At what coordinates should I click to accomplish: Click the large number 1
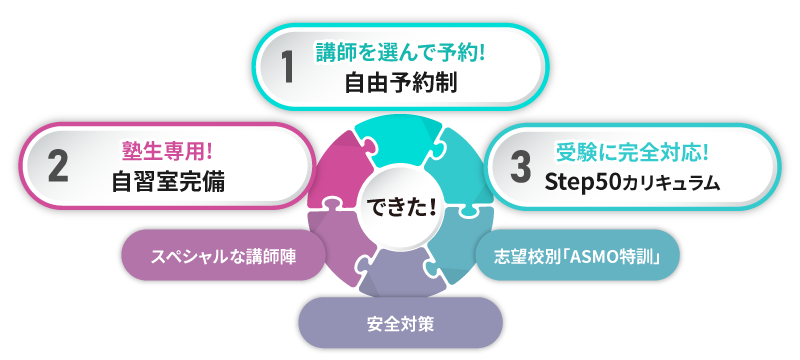point(288,67)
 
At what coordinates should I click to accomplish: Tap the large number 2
point(57,167)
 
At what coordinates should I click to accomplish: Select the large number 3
point(519,167)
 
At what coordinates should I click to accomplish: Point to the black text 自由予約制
point(400,83)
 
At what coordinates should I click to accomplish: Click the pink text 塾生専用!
point(168,151)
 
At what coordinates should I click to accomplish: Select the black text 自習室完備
point(168,183)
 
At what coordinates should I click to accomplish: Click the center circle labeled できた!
point(399,207)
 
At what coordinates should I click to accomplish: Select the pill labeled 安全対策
point(399,322)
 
